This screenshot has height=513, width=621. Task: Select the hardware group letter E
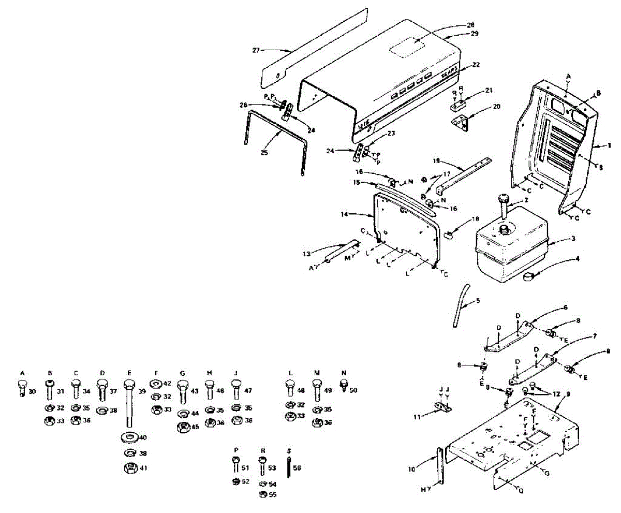pyautogui.click(x=127, y=373)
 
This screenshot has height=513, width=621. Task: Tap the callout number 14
pyautogui.click(x=343, y=214)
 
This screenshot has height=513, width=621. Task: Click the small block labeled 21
pyautogui.click(x=457, y=107)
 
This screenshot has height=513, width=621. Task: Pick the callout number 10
pyautogui.click(x=412, y=470)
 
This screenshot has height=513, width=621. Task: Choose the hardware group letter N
pyautogui.click(x=344, y=373)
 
